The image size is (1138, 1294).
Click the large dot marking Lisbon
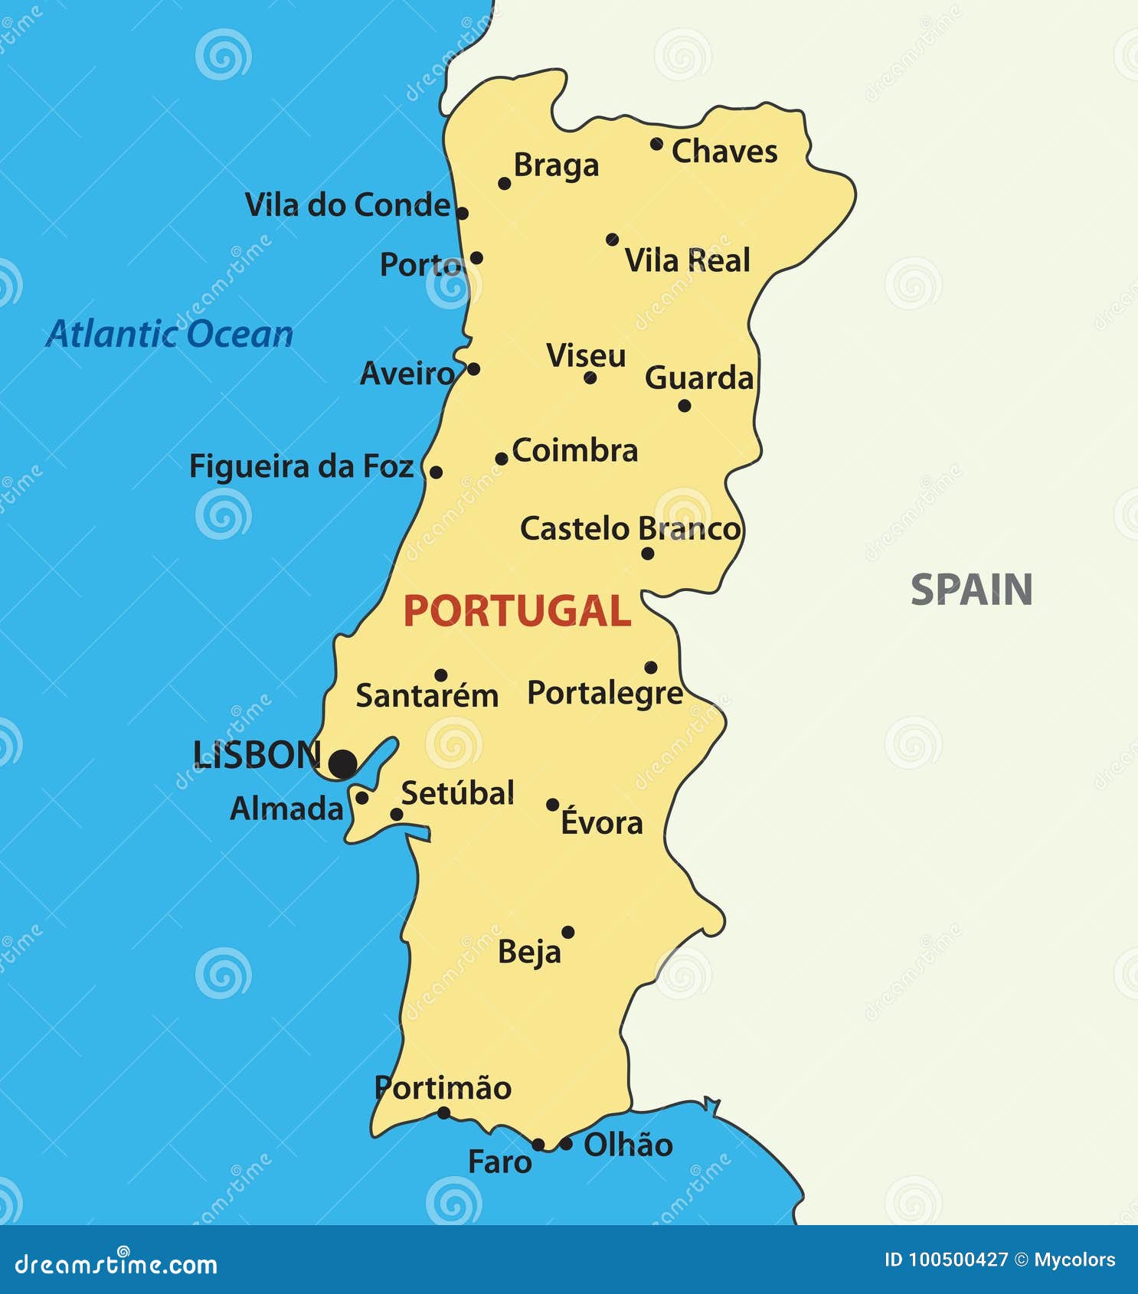pos(343,763)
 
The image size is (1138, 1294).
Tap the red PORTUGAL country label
pos(517,611)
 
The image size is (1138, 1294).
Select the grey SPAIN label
pos(971,590)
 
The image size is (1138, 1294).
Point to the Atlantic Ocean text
pos(169,335)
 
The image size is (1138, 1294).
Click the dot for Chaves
pos(656,143)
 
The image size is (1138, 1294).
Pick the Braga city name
pos(556,165)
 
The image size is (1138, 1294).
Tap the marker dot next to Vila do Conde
pos(462,213)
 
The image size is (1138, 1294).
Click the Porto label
pos(420,265)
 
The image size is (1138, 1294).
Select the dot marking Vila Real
pos(612,240)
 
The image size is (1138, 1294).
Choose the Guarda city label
pos(699,377)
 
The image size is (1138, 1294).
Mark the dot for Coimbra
pos(501,459)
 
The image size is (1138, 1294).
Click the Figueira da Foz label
pos(301,466)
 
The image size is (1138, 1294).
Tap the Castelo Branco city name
pos(629,528)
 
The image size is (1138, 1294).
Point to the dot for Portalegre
pos(650,667)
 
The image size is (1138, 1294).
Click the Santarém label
pos(427,696)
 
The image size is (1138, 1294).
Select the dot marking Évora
pos(552,804)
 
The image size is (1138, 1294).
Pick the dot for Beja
pos(567,932)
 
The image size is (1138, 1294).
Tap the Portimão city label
pos(443,1088)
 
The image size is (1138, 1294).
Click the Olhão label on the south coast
pos(628,1145)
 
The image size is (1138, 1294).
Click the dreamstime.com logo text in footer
pos(116,1264)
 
